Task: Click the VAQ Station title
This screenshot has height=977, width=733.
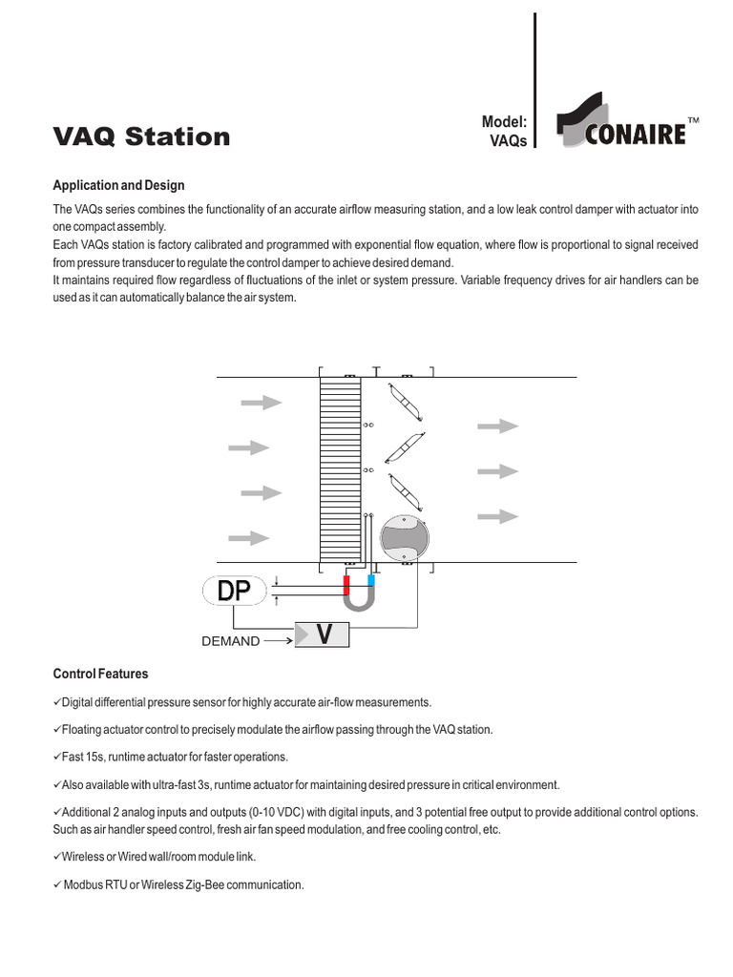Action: (x=141, y=136)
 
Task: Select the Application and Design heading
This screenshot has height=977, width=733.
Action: (x=118, y=185)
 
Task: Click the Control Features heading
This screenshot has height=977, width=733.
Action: (x=100, y=674)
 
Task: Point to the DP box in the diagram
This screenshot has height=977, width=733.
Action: (x=234, y=592)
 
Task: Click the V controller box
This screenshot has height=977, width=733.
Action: (x=323, y=634)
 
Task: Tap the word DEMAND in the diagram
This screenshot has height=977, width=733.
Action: (x=230, y=641)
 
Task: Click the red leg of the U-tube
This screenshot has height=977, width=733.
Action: (x=348, y=582)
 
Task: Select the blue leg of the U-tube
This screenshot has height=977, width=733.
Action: (x=371, y=582)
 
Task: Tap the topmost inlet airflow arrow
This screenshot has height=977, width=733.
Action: (x=261, y=403)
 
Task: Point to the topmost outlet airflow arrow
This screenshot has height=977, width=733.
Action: (x=497, y=426)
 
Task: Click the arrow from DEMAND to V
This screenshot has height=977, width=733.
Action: (x=278, y=641)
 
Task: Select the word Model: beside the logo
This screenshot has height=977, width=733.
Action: (x=506, y=123)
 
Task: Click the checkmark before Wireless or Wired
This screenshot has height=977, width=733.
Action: (x=56, y=857)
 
